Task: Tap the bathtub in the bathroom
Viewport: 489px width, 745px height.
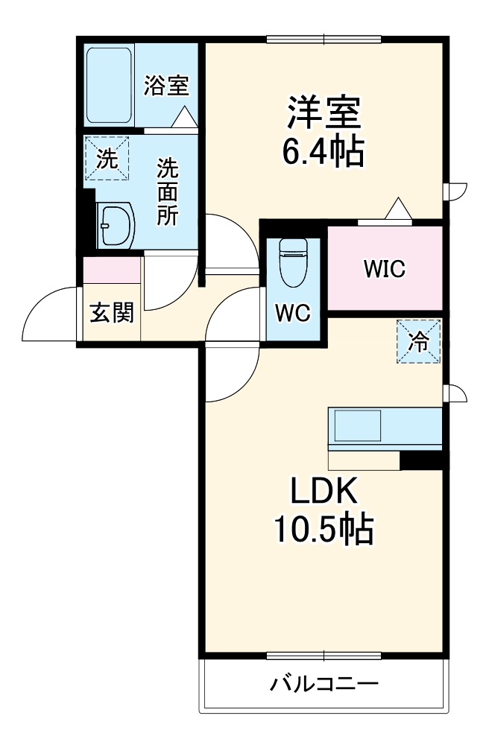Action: click(109, 83)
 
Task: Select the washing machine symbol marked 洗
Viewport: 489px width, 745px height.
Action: click(107, 159)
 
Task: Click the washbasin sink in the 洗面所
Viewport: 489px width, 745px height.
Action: click(116, 223)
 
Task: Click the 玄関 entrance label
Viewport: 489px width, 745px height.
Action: click(112, 313)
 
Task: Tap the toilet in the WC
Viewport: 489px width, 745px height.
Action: click(292, 261)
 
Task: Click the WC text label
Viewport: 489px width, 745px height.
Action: click(293, 314)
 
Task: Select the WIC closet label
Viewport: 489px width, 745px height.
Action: click(385, 269)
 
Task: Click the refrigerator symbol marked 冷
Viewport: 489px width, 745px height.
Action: click(419, 341)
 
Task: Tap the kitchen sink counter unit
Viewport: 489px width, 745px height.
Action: click(385, 429)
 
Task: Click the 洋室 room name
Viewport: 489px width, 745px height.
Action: click(324, 114)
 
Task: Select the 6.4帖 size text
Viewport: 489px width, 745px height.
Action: click(323, 153)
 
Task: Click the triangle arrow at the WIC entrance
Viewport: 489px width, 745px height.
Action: click(398, 208)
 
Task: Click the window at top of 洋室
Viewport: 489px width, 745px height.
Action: click(324, 39)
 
